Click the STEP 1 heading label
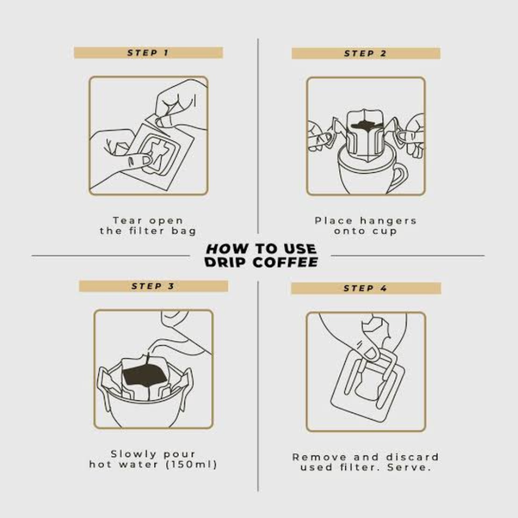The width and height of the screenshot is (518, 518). coord(148,53)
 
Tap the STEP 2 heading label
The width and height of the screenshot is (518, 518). coord(365,54)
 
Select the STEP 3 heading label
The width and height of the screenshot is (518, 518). coord(153,286)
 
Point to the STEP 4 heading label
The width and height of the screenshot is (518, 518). coord(365,288)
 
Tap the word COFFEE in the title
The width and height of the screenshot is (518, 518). coord(285,262)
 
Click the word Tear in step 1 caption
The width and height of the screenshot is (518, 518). coord(128,220)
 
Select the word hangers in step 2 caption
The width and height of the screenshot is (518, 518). coord(388,220)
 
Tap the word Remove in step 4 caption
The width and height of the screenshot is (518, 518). coord(319,457)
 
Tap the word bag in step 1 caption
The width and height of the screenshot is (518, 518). coord(184,231)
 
